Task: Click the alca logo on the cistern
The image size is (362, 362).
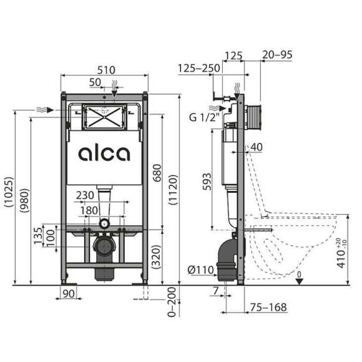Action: coord(105,154)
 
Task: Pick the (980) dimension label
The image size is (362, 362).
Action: coord(24,197)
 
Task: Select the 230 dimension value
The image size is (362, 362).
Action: coord(86,195)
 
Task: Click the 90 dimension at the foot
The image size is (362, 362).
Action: coord(69,293)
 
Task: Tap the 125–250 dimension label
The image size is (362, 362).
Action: coord(198,67)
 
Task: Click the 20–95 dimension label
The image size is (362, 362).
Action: coord(277,55)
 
